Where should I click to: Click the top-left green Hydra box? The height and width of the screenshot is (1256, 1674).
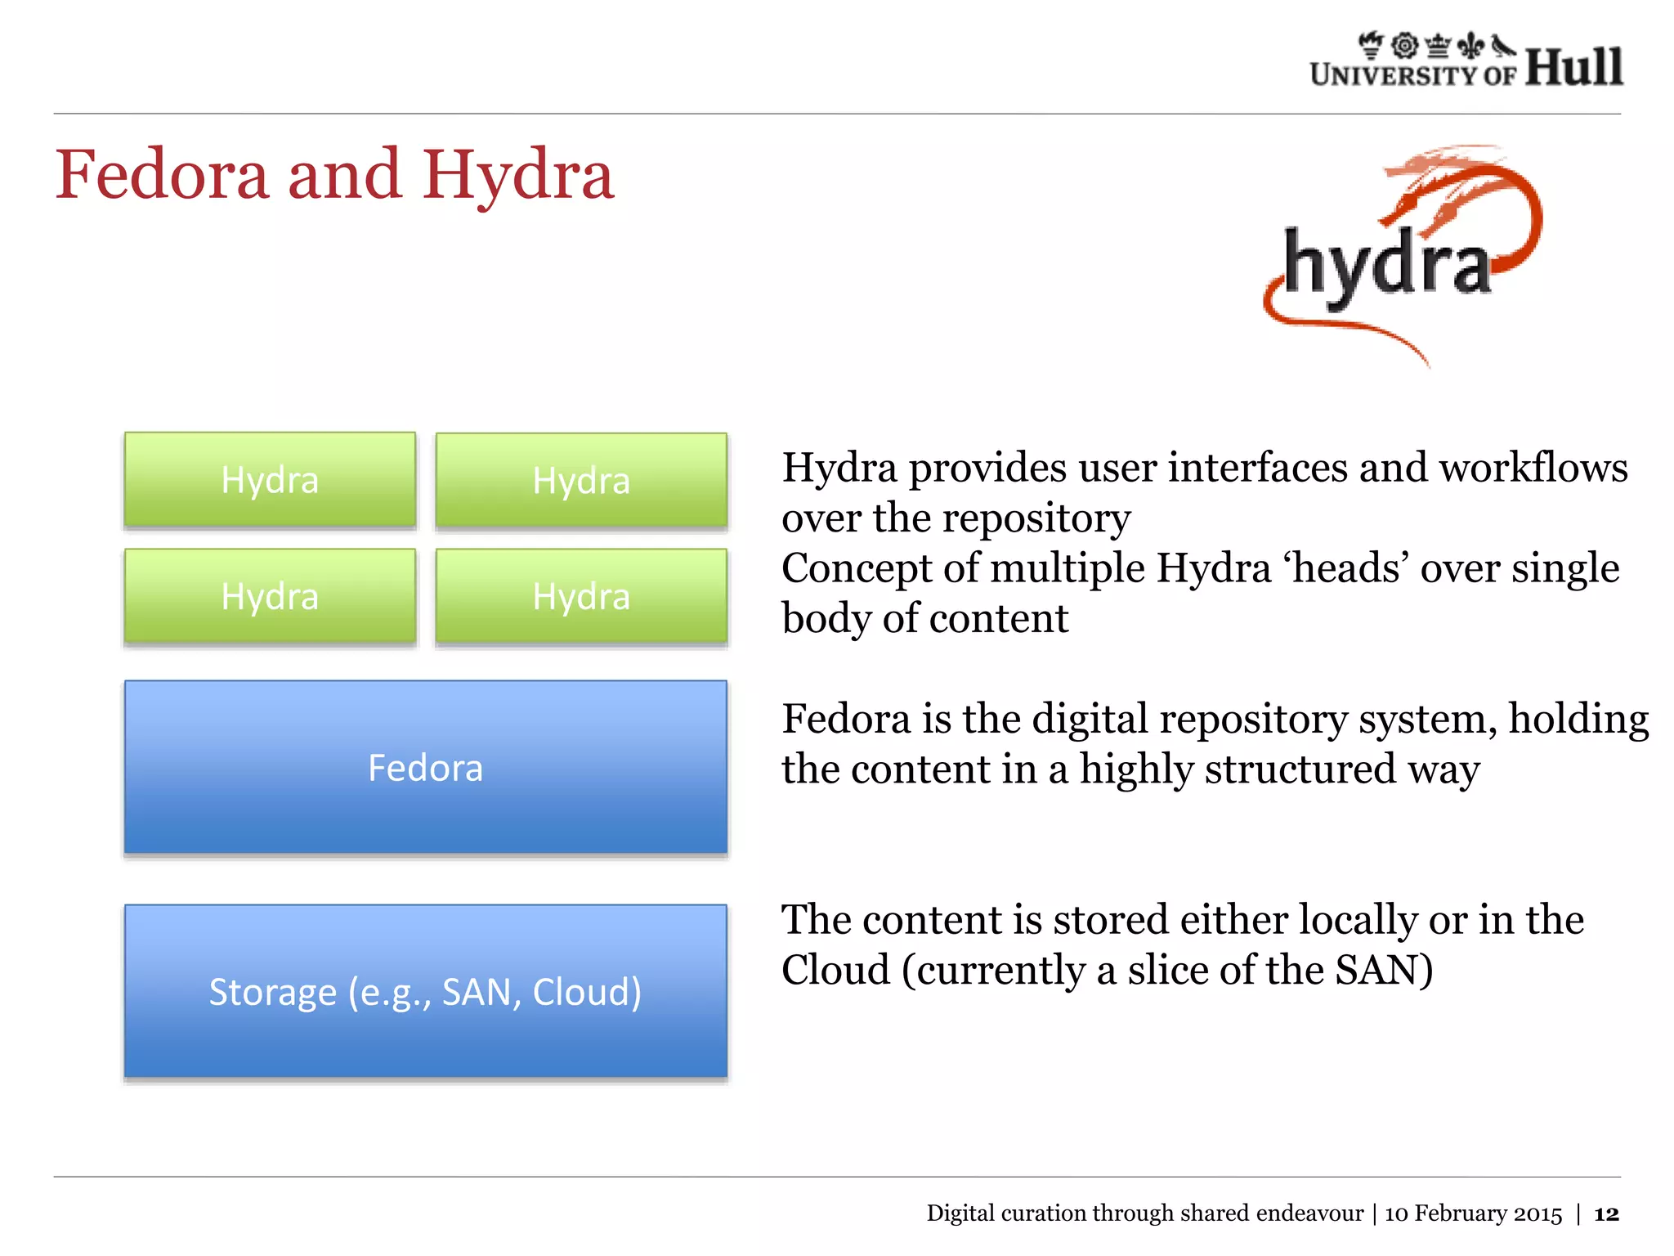pyautogui.click(x=270, y=480)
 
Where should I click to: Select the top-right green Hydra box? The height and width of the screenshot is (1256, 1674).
pyautogui.click(x=581, y=480)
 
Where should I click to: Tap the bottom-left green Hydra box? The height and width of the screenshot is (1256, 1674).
pyautogui.click(x=270, y=596)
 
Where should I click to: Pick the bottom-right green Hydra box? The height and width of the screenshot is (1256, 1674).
pyautogui.click(x=581, y=596)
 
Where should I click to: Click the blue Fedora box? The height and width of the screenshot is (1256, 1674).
pyautogui.click(x=425, y=767)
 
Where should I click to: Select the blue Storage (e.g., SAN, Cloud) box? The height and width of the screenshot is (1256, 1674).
pyautogui.click(x=425, y=991)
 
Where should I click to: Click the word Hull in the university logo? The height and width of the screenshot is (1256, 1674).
pyautogui.click(x=1573, y=67)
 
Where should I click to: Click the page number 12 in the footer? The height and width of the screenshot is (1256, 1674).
pyautogui.click(x=1606, y=1213)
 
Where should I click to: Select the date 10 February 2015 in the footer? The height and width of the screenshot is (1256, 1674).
pyautogui.click(x=1473, y=1213)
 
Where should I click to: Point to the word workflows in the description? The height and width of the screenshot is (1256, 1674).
pyautogui.click(x=1533, y=469)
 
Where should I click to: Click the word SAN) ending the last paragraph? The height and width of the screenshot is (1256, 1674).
pyautogui.click(x=1384, y=971)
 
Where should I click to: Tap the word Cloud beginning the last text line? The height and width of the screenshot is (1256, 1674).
pyautogui.click(x=835, y=971)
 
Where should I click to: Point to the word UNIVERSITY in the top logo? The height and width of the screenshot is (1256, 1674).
pyautogui.click(x=1394, y=75)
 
